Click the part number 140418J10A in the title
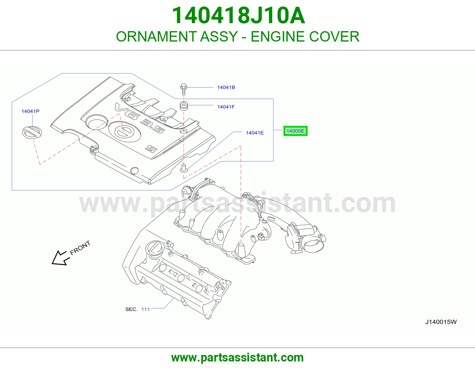[238, 15]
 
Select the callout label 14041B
[226, 88]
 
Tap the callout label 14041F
[226, 107]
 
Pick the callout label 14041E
[255, 133]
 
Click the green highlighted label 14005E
[295, 131]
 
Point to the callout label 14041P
[30, 111]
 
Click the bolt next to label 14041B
[183, 89]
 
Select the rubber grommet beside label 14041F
[183, 106]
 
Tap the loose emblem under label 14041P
[32, 132]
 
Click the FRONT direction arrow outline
[60, 258]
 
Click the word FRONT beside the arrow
[80, 248]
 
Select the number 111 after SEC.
[145, 309]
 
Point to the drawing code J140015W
[441, 322]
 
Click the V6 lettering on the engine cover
[125, 111]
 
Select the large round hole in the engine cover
[96, 121]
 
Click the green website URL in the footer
[237, 358]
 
